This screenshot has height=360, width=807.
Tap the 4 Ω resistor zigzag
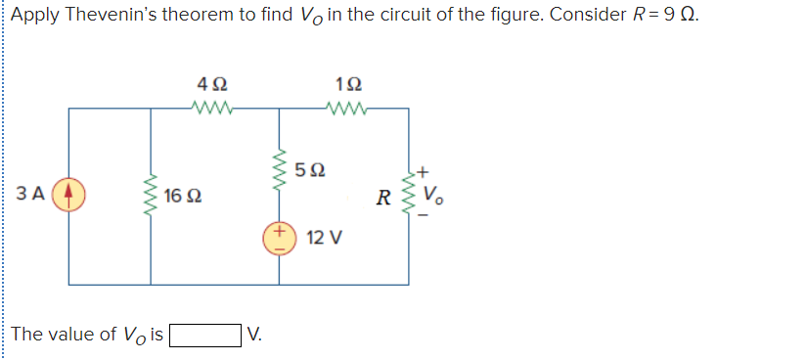pos(213,110)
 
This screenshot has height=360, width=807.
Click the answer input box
pos(205,336)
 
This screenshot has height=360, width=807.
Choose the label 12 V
pos(324,238)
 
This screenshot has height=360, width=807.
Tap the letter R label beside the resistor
pos(389,196)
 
